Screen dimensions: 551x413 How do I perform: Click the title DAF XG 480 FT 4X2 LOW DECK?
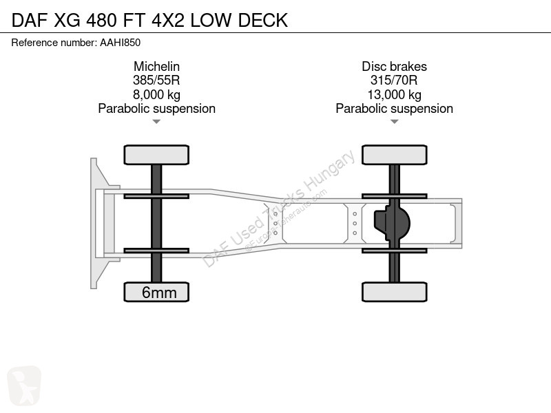pos(149,20)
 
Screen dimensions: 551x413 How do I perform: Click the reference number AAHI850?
pos(120,43)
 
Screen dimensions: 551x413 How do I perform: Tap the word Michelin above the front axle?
pos(156,66)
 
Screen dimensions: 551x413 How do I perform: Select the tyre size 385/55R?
pos(156,81)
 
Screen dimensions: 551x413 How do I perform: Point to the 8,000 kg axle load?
pos(156,94)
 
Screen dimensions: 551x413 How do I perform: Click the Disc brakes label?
pos(394,66)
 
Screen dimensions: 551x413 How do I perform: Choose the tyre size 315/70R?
pos(394,81)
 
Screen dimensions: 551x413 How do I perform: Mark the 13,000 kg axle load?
pos(394,94)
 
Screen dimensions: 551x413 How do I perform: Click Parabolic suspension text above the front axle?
pos(157,109)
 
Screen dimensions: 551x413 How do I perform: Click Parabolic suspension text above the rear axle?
pos(394,109)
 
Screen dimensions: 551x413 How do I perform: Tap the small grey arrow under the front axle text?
pos(156,122)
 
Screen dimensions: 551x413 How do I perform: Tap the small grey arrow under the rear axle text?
pos(394,122)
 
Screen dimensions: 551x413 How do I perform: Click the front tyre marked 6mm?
pos(156,292)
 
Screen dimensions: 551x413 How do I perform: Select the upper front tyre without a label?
pos(156,155)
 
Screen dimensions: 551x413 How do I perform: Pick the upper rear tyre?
pos(394,155)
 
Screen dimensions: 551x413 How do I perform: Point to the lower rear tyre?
pos(394,292)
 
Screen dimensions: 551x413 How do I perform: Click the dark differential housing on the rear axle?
pos(392,223)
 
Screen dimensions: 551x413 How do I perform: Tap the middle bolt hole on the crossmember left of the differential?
pos(355,223)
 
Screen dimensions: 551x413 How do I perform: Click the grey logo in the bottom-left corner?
pos(24,385)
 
